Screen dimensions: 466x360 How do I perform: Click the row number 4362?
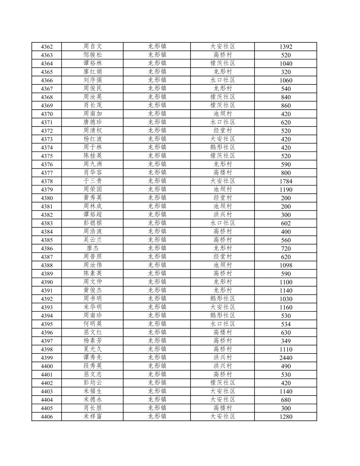(x=47, y=47)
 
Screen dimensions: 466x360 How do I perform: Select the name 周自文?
(x=93, y=46)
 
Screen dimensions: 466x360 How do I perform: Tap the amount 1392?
(x=286, y=47)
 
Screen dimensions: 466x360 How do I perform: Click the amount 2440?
(x=286, y=358)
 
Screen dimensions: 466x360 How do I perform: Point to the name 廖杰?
(x=93, y=248)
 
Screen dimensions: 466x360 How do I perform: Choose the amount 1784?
(x=286, y=181)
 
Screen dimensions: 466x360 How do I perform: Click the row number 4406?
(x=47, y=417)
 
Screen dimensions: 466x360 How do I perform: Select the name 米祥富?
(x=93, y=416)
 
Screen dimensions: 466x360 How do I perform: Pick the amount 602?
(x=286, y=223)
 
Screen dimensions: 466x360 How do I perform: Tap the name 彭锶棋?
(x=93, y=223)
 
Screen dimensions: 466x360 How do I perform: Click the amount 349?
(x=286, y=341)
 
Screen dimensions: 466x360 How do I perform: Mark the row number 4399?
(x=47, y=358)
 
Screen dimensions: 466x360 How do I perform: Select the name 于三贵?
(x=93, y=181)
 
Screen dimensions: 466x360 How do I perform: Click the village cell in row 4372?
(x=223, y=130)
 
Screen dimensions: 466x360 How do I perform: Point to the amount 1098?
(x=286, y=265)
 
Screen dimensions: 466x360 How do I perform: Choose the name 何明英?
(x=93, y=324)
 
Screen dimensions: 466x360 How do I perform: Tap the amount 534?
(x=286, y=324)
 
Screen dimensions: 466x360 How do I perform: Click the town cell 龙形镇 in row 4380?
(x=157, y=198)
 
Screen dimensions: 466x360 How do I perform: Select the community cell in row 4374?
(x=223, y=147)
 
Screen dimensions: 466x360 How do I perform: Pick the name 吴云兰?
(x=93, y=240)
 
